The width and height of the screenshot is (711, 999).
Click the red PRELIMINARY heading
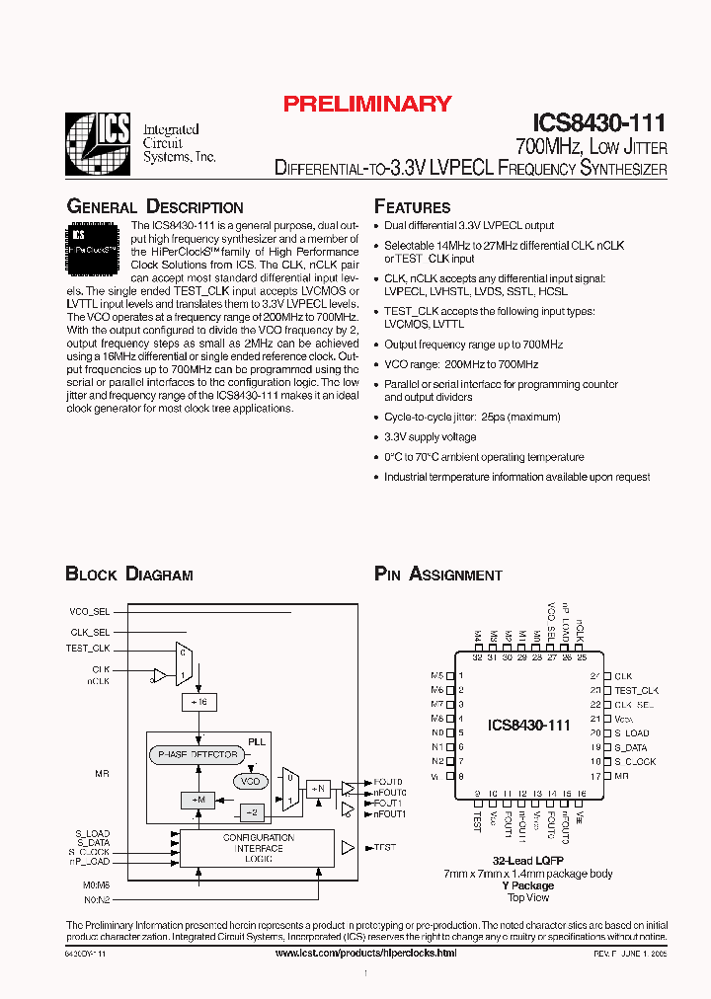point(366,104)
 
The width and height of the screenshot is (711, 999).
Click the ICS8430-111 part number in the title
point(599,123)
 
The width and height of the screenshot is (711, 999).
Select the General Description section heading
point(154,207)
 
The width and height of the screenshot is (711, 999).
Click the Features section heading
point(412,207)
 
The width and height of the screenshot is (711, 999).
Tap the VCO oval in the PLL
point(251,781)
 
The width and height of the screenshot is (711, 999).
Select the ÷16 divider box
point(198,701)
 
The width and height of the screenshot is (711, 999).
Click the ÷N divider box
point(317,788)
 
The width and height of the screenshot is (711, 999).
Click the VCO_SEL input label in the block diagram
point(90,611)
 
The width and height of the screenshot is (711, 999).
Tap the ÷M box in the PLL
point(197,799)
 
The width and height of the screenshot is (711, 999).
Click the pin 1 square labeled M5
point(450,676)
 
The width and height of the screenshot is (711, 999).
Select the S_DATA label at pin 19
point(632,747)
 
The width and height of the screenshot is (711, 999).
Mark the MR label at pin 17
point(621,776)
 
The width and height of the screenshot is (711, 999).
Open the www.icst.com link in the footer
point(365,953)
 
